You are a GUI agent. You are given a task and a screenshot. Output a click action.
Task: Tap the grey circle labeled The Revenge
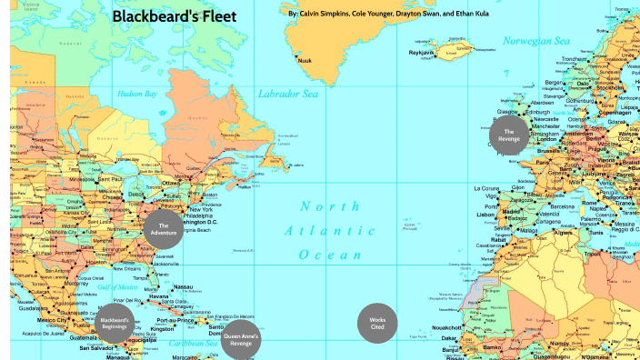point(508,135)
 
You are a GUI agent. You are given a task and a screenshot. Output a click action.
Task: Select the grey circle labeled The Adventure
point(164,229)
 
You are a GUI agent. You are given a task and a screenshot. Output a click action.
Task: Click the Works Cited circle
point(377,323)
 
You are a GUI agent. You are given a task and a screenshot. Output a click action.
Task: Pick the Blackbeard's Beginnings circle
point(115,324)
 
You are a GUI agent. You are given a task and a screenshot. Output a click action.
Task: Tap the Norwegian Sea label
point(535,41)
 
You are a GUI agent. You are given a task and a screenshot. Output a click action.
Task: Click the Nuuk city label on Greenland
point(305,61)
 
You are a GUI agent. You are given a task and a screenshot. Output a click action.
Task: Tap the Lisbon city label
point(486,215)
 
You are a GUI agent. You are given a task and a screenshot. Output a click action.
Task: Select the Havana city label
point(159,297)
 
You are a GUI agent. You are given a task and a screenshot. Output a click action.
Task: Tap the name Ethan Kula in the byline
point(473,15)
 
